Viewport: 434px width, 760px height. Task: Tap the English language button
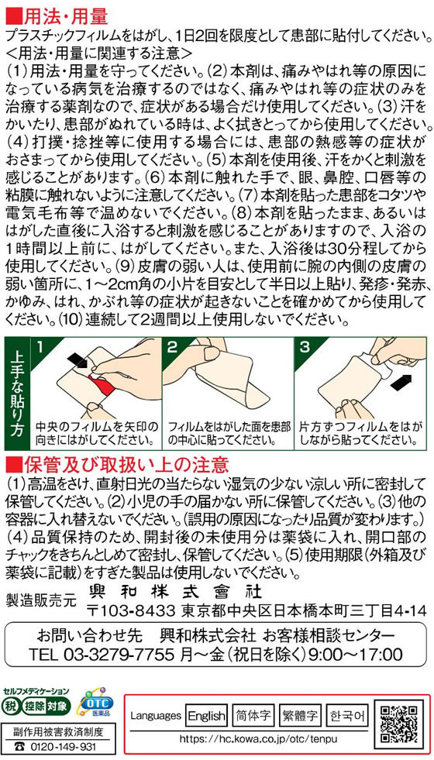tap(207, 715)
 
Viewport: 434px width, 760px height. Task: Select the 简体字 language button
tap(253, 715)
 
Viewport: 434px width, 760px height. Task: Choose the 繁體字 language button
tap(301, 715)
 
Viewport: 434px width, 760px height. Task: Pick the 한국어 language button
tap(347, 715)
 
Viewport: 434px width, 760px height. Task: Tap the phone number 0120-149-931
tap(61, 746)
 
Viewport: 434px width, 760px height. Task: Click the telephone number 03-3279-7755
tap(119, 655)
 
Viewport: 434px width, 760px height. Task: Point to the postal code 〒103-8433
tap(130, 609)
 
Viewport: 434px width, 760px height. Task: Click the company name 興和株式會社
tap(176, 591)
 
